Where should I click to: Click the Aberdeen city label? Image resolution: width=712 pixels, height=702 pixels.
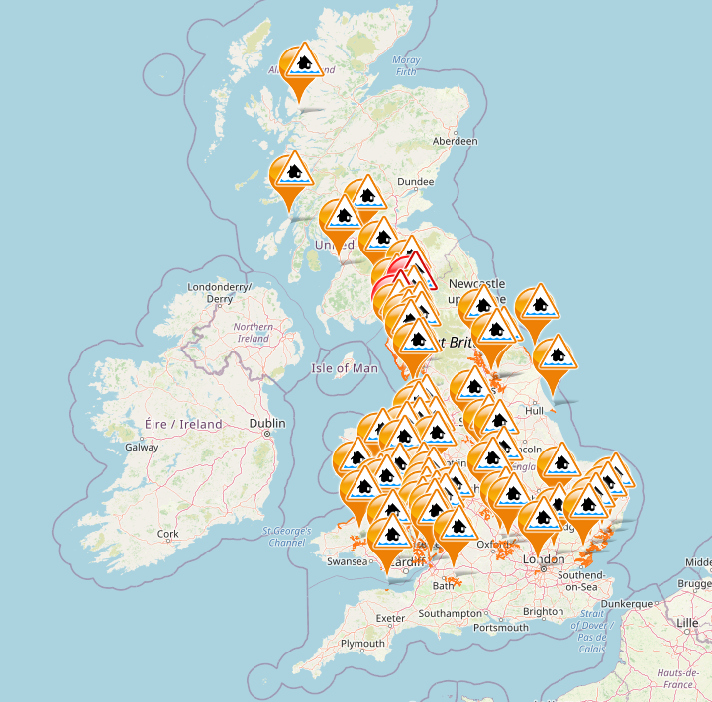click(456, 142)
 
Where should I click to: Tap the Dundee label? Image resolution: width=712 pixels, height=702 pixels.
click(415, 182)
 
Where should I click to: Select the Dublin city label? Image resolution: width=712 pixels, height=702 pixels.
click(267, 424)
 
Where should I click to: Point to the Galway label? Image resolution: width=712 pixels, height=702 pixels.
click(142, 447)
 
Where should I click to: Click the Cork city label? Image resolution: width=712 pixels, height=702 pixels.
click(168, 534)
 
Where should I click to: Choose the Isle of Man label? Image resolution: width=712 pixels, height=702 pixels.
click(345, 368)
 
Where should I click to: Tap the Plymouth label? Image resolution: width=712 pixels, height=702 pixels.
click(362, 644)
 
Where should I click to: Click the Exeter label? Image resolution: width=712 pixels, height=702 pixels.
click(391, 619)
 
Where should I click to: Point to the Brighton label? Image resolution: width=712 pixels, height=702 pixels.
click(544, 612)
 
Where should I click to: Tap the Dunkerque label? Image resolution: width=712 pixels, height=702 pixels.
click(629, 603)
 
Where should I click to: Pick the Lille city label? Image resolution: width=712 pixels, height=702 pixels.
click(686, 623)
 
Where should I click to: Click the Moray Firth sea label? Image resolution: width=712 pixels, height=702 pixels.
click(406, 66)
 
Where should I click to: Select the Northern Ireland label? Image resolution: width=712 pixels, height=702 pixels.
click(254, 333)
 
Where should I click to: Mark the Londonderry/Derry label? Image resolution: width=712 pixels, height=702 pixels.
click(220, 293)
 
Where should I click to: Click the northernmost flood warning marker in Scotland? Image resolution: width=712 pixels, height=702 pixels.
click(302, 63)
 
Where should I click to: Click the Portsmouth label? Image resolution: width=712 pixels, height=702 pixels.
click(501, 627)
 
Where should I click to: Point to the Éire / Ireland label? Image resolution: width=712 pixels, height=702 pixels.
click(184, 424)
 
